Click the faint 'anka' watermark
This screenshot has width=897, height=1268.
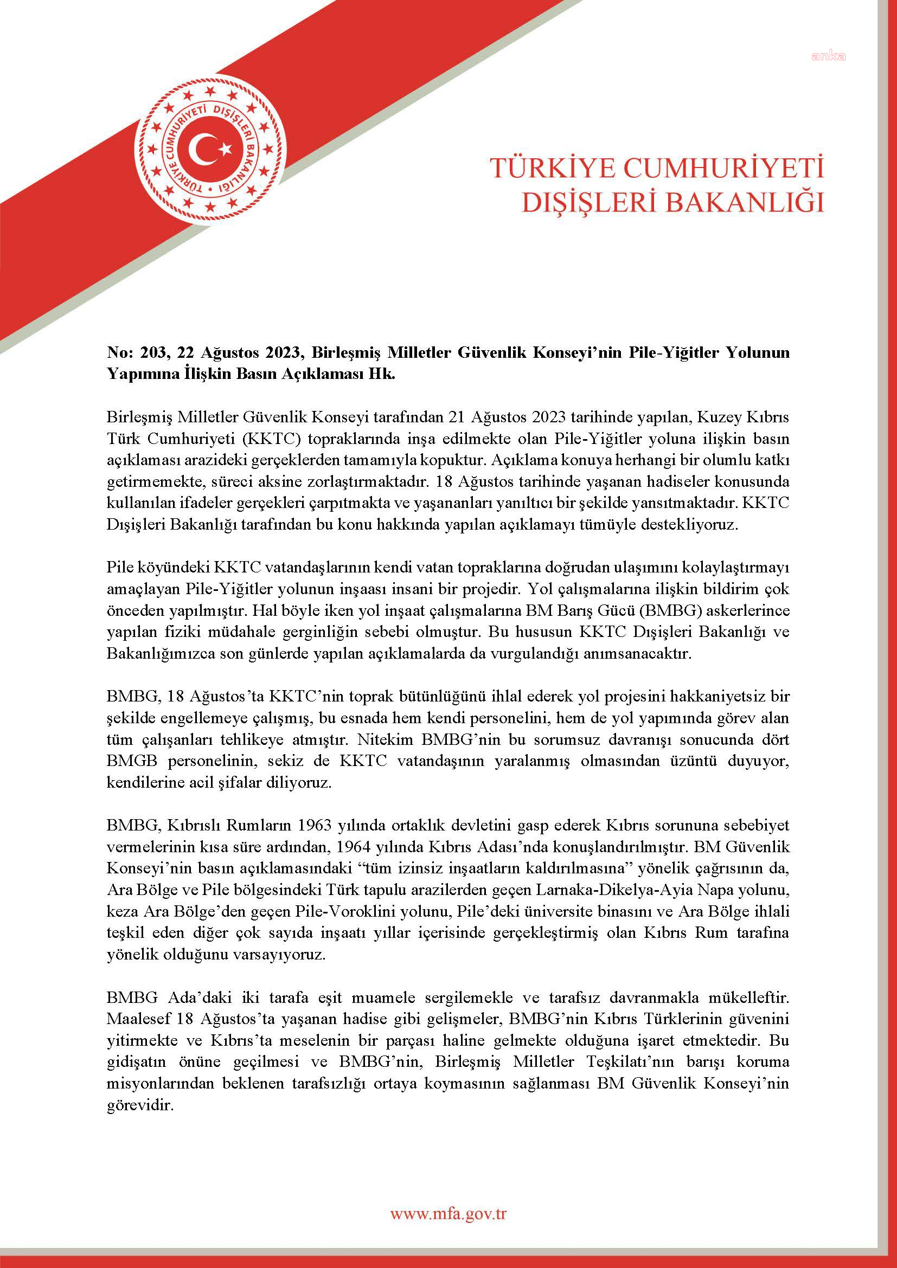click(829, 56)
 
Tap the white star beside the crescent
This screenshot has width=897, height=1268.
click(226, 149)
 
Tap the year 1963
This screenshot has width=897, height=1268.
click(315, 825)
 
